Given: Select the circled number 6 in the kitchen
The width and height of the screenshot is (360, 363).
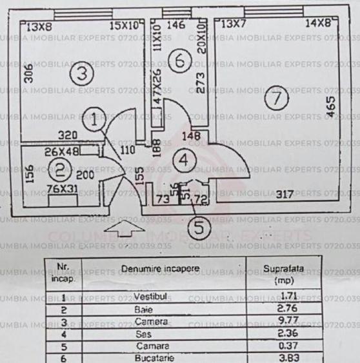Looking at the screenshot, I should pyautogui.click(x=182, y=63).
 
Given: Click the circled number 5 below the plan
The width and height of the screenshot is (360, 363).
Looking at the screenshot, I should pyautogui.click(x=199, y=226).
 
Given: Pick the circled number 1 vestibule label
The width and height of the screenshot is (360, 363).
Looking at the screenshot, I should pyautogui.click(x=96, y=119).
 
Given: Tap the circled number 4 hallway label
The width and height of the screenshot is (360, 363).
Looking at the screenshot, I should pyautogui.click(x=185, y=160).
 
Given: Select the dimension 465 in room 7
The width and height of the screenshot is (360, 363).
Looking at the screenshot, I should pyautogui.click(x=331, y=106).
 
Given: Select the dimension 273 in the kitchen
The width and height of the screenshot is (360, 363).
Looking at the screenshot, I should pyautogui.click(x=201, y=82).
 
